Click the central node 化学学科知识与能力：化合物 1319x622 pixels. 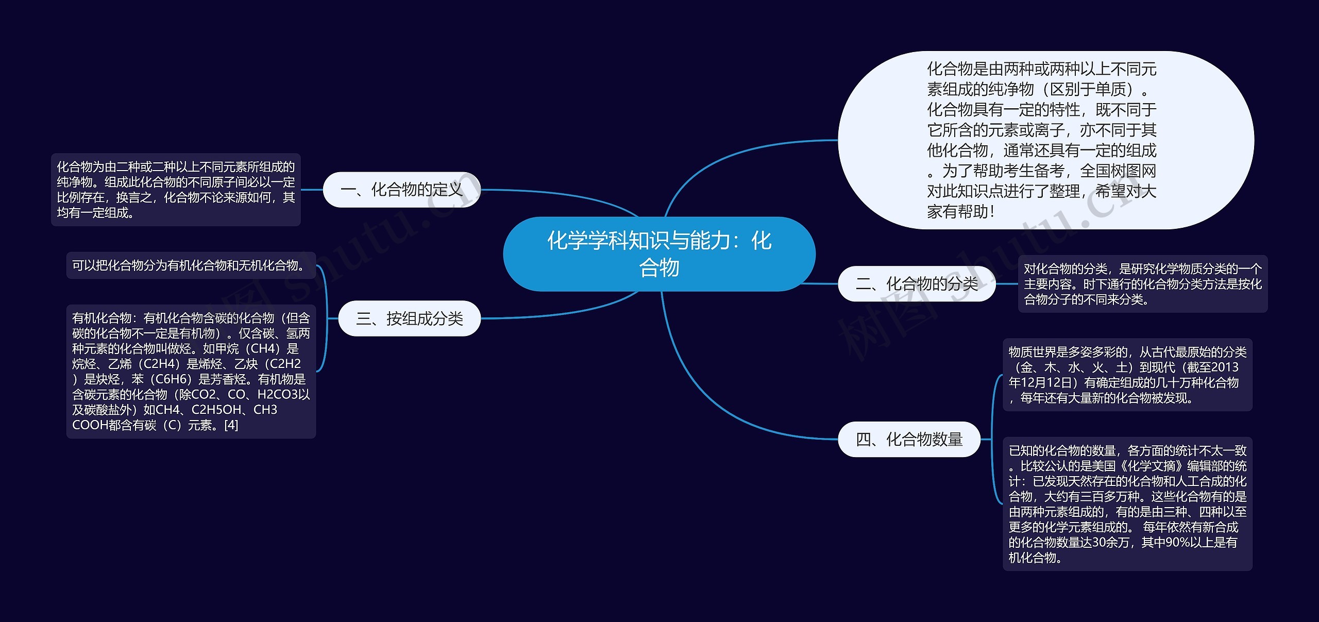[659, 254]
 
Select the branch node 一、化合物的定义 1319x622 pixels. [401, 190]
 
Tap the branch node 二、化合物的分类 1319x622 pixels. [916, 283]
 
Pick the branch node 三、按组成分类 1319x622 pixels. [409, 318]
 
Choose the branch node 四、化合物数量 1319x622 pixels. [909, 439]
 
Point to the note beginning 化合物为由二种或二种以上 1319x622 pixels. [176, 190]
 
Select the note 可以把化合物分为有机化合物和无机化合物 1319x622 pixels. [191, 265]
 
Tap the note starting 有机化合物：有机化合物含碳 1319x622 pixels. [191, 371]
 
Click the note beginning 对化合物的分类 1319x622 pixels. [1142, 283]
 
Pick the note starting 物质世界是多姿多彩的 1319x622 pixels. [1127, 375]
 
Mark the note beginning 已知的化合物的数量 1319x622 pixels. [1127, 503]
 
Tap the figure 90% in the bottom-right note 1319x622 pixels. [1179, 542]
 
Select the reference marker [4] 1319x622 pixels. [231, 425]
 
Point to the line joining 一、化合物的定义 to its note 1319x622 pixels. [312, 190]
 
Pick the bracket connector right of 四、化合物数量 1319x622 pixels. [993, 439]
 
